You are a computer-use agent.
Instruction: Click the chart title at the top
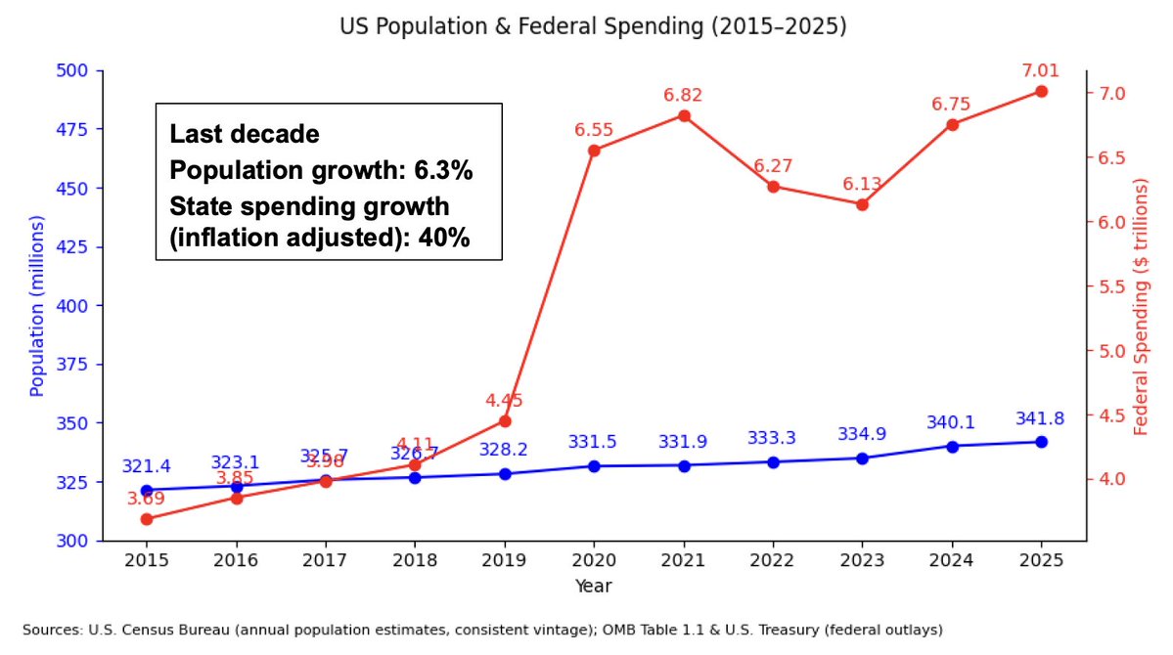point(593,27)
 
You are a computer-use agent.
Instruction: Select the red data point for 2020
point(594,151)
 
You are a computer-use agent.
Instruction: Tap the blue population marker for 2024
point(952,446)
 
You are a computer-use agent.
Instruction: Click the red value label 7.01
point(1041,70)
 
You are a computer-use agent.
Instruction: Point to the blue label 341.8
point(1039,418)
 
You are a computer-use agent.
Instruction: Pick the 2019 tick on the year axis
point(505,560)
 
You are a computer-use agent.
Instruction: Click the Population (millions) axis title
point(37,306)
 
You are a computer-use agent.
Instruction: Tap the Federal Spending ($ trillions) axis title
point(1142,306)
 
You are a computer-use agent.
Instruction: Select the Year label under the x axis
point(593,586)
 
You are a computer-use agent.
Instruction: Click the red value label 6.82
point(683,95)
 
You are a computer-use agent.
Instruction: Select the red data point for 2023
point(862,204)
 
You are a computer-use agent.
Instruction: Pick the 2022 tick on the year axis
point(773,560)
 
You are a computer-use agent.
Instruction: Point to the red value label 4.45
point(505,400)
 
